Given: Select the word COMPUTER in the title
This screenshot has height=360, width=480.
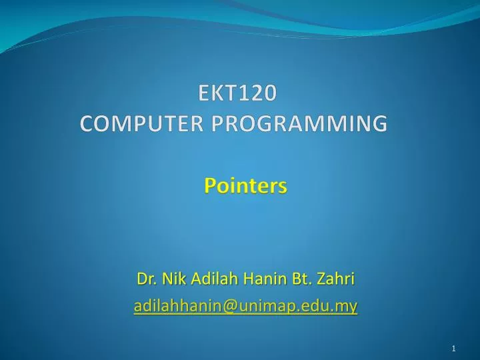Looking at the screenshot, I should click(133, 123).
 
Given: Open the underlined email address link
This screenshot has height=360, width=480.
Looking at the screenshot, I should click(245, 306).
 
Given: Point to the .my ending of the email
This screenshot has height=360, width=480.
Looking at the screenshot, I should click(345, 307).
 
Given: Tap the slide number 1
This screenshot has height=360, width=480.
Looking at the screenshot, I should click(453, 349).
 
